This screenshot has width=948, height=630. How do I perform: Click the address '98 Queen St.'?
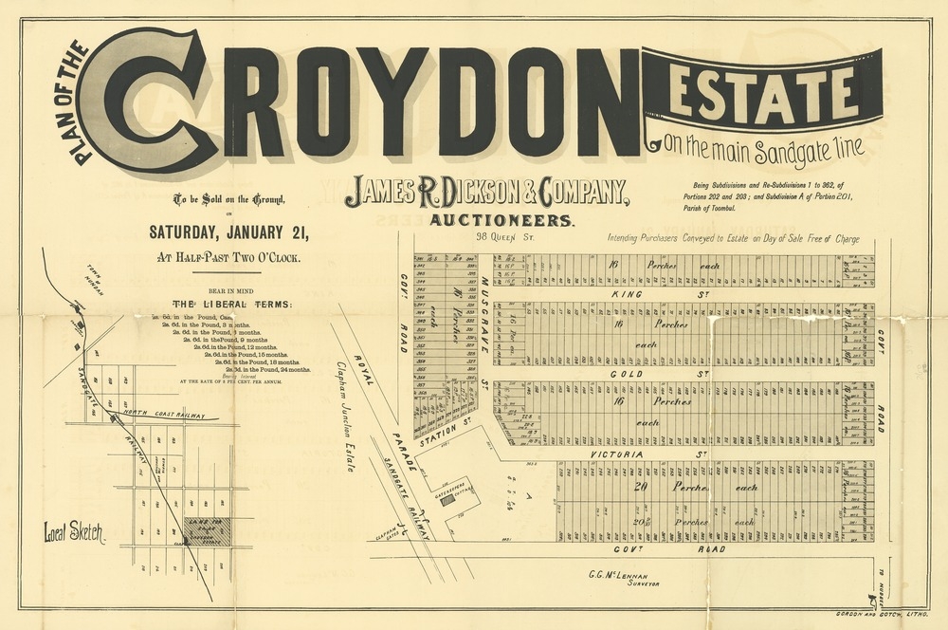(x=506, y=237)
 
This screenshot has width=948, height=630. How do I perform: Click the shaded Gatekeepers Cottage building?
(x=447, y=494)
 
